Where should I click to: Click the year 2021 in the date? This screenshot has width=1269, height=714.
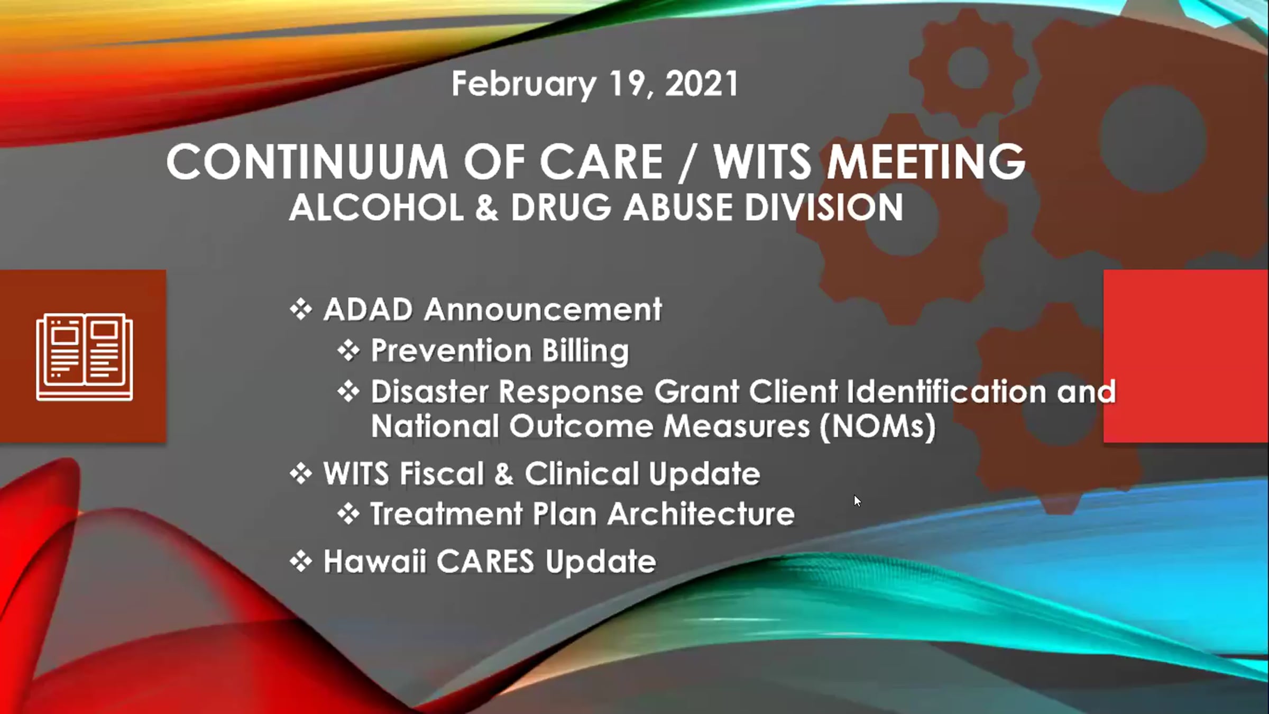[701, 84]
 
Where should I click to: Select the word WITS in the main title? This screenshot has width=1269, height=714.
[762, 162]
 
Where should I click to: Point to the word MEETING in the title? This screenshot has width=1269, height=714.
[926, 162]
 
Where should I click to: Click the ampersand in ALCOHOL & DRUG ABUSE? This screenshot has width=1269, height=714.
[486, 207]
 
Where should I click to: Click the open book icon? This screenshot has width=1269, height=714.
[85, 357]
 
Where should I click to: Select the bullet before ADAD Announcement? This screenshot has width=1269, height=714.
[301, 309]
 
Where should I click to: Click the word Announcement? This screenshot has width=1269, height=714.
[543, 309]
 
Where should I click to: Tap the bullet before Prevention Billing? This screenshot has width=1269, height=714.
[348, 351]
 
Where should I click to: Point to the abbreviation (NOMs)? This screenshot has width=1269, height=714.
[878, 426]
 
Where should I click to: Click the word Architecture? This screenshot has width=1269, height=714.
[701, 514]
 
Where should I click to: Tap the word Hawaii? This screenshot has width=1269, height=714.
[375, 561]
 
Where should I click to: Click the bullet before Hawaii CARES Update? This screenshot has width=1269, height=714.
[301, 562]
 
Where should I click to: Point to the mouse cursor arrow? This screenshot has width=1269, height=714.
[857, 501]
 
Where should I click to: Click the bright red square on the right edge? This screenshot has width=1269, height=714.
[1186, 356]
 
